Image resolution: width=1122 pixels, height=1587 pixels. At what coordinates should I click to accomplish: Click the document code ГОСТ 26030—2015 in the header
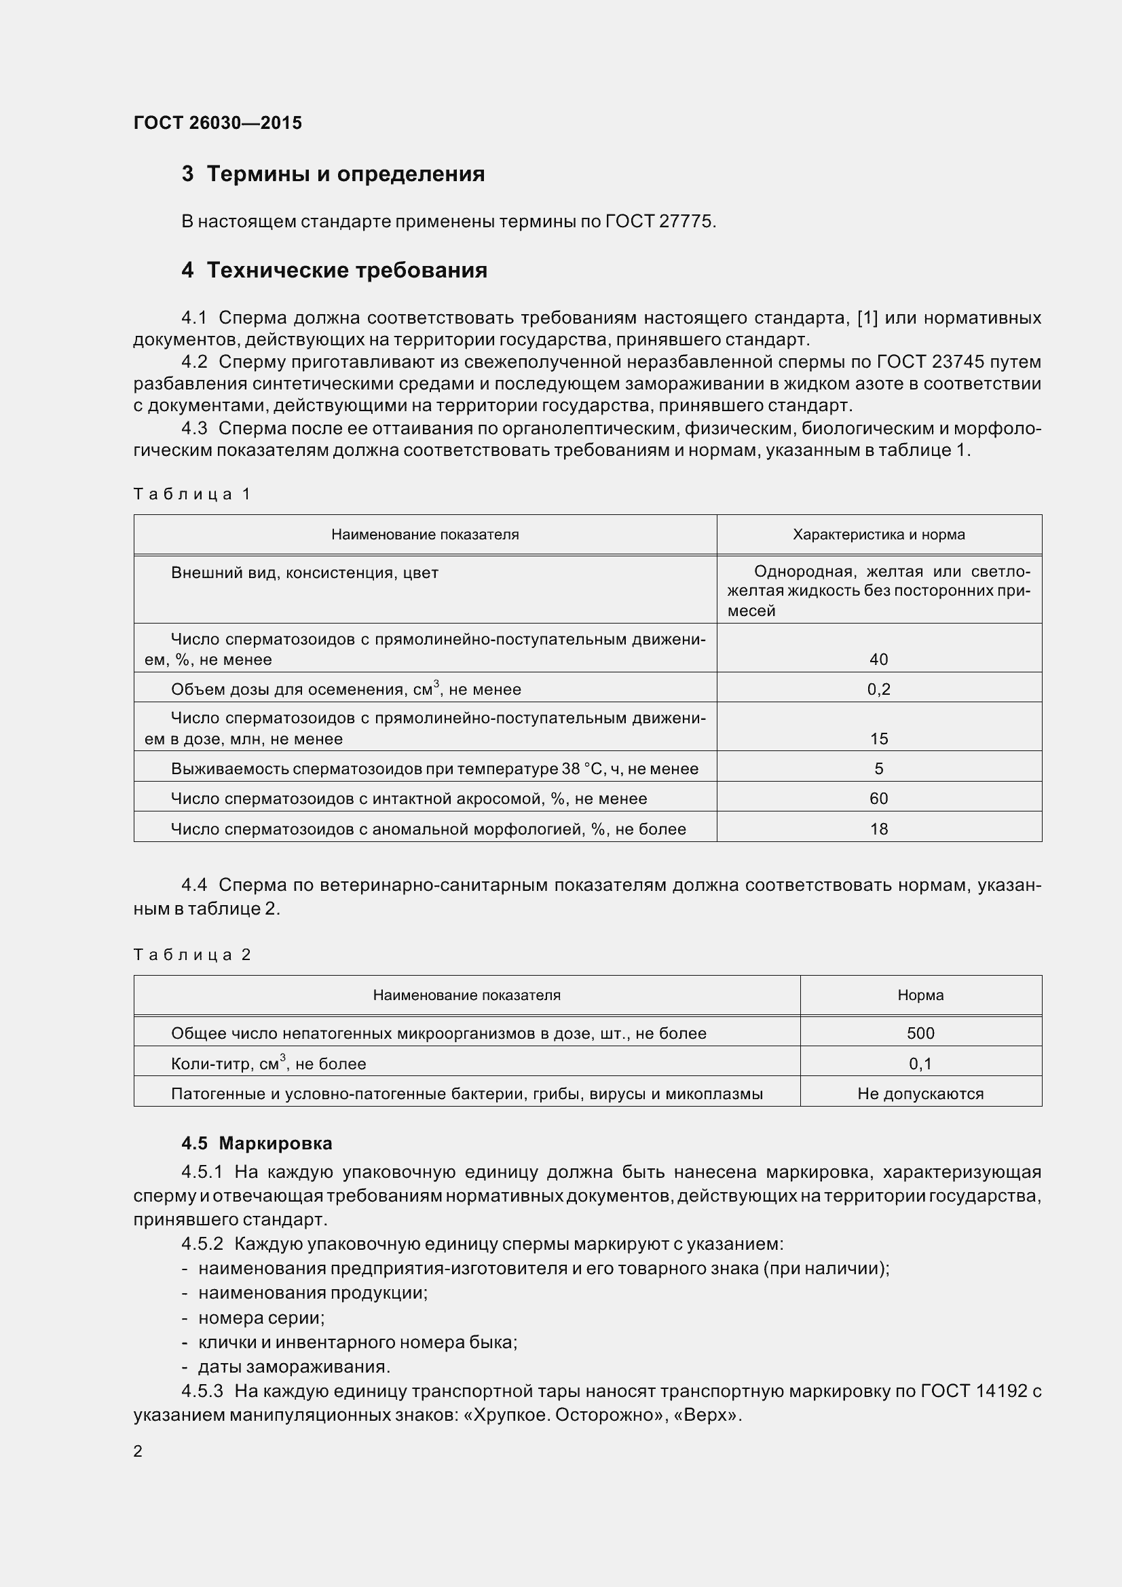pyautogui.click(x=218, y=123)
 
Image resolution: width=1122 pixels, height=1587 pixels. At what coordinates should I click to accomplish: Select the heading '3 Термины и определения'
pyautogui.click(x=333, y=174)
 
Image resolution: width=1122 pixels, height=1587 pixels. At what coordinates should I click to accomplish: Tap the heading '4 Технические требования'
pyautogui.click(x=335, y=269)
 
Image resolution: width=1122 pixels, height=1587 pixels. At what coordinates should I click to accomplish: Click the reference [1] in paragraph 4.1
pyautogui.click(x=867, y=318)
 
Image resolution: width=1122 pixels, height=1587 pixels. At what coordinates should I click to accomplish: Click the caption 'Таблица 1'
pyautogui.click(x=191, y=493)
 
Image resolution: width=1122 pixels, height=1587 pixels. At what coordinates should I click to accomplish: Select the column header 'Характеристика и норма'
pyautogui.click(x=878, y=534)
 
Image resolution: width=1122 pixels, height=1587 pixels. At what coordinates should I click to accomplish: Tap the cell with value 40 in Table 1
pyautogui.click(x=878, y=659)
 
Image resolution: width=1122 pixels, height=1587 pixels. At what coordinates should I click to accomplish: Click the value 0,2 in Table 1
pyautogui.click(x=878, y=689)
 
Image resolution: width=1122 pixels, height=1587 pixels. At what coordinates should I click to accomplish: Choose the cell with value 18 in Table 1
pyautogui.click(x=878, y=828)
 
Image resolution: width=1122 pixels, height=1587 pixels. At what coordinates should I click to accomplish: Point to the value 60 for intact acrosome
pyautogui.click(x=878, y=799)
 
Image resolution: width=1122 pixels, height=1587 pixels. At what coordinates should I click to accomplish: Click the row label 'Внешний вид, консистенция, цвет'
pyautogui.click(x=304, y=573)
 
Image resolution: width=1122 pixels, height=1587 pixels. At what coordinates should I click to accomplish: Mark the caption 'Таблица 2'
pyautogui.click(x=191, y=955)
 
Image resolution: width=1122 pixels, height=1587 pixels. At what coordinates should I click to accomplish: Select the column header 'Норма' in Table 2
pyautogui.click(x=920, y=995)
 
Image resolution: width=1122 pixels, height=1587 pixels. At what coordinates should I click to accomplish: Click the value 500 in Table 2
pyautogui.click(x=920, y=1033)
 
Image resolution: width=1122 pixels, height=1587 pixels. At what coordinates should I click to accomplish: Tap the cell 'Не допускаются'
pyautogui.click(x=920, y=1094)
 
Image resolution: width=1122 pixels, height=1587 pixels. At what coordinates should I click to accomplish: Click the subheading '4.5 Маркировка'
pyautogui.click(x=257, y=1143)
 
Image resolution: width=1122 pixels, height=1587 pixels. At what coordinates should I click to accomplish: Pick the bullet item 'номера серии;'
pyautogui.click(x=261, y=1318)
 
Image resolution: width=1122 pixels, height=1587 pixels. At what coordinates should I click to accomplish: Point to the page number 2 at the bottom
pyautogui.click(x=138, y=1451)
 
